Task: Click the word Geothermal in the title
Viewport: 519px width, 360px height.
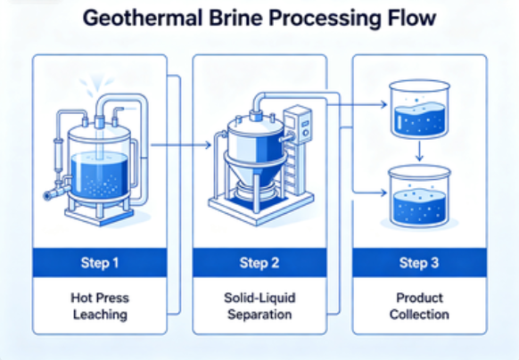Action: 143,19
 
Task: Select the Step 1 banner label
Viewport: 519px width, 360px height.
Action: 100,263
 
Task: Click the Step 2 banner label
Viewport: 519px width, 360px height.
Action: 259,263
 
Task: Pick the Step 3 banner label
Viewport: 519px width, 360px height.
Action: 419,263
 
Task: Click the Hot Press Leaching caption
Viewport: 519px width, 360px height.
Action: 100,306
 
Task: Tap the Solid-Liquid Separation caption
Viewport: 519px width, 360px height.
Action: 259,306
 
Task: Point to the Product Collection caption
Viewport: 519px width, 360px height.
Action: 419,306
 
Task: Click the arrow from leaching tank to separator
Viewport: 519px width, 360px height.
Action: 181,145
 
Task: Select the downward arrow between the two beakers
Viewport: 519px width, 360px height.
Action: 419,151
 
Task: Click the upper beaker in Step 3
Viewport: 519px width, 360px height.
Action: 419,109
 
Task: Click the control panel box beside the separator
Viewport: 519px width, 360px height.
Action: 298,124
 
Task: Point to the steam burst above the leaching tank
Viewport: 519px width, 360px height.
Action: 96,85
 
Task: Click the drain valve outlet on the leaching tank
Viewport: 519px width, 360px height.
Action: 49,195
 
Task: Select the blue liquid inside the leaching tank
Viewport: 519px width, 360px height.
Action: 99,176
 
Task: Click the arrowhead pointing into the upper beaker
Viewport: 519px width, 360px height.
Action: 384,105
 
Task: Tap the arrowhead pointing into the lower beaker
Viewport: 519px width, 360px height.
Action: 384,192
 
